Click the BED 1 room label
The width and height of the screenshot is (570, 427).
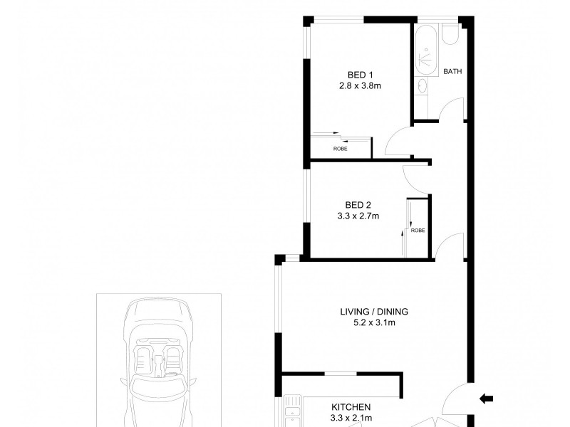361,75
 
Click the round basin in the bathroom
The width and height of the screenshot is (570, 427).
421,86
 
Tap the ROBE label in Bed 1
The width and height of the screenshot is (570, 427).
340,149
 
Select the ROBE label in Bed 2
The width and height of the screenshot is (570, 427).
418,231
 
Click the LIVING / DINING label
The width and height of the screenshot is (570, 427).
375,311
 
